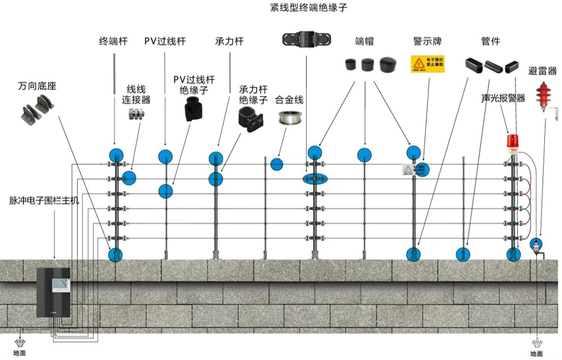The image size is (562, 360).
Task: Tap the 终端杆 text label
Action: [113, 41]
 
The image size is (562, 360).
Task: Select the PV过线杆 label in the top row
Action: [165, 41]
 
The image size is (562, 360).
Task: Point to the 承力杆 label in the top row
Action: [229, 41]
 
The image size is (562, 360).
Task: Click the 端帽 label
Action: [364, 41]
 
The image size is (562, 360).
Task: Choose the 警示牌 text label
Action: [427, 41]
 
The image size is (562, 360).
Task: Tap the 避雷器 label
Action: [542, 70]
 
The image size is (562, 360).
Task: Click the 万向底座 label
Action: [36, 86]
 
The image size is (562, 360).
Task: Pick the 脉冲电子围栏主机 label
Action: [44, 199]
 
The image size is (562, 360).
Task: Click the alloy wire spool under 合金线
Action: [288, 119]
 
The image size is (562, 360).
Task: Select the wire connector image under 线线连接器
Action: [137, 115]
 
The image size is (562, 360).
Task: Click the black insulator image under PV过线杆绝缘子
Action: [193, 109]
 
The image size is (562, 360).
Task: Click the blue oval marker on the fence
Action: [315, 178]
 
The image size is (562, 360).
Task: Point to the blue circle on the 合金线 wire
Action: [276, 163]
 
